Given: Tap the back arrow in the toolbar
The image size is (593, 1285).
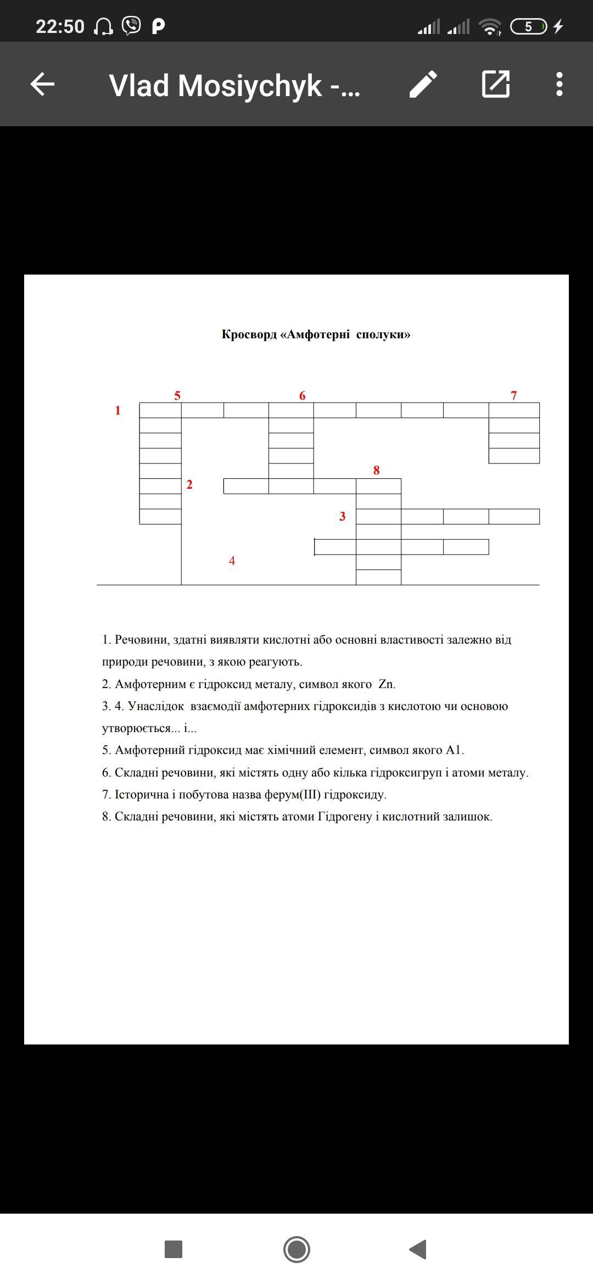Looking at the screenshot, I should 42,85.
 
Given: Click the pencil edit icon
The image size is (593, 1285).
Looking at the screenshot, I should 423,85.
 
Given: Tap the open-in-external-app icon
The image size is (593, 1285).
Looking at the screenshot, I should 496,85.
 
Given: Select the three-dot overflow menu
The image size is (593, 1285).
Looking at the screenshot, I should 559,85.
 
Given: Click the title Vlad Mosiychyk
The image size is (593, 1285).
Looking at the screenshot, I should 234,86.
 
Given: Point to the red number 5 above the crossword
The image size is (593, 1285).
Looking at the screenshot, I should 177,395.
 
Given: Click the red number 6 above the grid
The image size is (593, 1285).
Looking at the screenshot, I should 302,395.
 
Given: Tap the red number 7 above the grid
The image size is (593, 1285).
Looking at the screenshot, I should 513,395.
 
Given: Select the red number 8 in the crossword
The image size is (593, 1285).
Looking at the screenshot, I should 376,470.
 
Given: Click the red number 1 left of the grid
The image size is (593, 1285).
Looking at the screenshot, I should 118,410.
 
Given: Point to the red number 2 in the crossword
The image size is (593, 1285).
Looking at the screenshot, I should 189,484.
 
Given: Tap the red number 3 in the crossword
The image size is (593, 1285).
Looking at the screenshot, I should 343,516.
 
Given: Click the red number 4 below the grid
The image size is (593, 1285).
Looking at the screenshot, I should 232,561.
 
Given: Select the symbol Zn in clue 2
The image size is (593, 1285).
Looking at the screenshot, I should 387,684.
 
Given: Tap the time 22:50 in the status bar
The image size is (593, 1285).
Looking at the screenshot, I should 60,26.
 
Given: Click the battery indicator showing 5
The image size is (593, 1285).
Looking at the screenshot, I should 528,26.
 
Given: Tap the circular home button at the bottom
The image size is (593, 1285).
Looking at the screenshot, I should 296,1249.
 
